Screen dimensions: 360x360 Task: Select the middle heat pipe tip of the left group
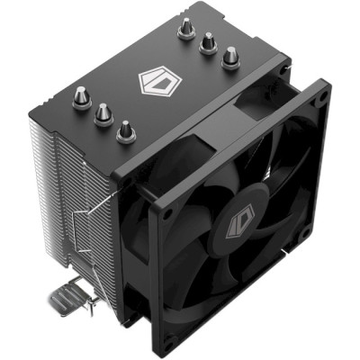[103, 111]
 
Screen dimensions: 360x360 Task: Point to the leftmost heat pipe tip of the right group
[185, 28]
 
